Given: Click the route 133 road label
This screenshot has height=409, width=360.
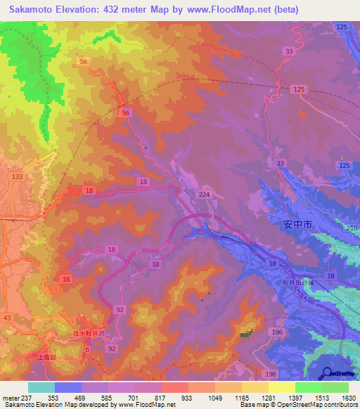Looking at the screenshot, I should click(x=18, y=176).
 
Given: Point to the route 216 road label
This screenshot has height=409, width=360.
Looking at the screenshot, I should click(x=352, y=228).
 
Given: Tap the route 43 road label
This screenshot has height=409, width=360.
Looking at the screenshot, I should click(x=7, y=318).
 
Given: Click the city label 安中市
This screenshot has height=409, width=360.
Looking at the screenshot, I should click(x=297, y=226).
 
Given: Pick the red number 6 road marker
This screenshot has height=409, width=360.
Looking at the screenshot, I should click(x=87, y=349).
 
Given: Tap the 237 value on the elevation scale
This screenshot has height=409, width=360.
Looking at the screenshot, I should click(x=27, y=397).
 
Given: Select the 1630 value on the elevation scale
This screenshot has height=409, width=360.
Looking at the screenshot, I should click(x=347, y=397).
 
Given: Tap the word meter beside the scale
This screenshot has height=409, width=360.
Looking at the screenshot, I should click(x=10, y=397).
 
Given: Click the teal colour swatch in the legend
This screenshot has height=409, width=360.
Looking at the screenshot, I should click(x=41, y=387).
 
